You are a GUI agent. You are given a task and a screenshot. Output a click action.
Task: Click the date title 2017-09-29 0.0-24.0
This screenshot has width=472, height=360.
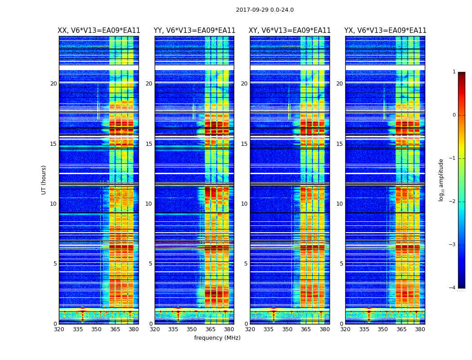coord(265,10)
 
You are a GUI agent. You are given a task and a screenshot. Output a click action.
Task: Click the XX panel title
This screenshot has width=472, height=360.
coord(99,31)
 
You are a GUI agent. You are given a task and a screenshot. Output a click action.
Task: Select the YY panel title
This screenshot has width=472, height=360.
coord(194,31)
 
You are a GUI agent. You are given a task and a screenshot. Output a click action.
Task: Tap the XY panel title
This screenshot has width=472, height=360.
coord(290,31)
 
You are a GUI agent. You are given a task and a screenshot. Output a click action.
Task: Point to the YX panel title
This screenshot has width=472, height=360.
coord(385,31)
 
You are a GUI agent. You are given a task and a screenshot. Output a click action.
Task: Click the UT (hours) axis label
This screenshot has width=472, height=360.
coord(44,180)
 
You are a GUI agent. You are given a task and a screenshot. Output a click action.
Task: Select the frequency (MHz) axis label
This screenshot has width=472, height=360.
coord(217,338)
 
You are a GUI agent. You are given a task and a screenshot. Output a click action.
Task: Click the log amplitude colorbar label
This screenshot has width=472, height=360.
coord(441,180)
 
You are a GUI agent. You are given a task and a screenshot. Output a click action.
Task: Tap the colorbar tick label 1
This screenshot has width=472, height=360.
coord(454,72)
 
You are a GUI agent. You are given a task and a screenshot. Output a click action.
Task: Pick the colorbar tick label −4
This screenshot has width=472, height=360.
coord(453,288)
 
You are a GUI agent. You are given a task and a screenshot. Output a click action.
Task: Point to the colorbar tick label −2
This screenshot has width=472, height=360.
coord(453,202)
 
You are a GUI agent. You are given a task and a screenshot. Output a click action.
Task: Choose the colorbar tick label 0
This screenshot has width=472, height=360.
coord(454,115)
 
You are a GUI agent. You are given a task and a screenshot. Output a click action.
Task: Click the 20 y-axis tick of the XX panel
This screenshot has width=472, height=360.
coord(53,84)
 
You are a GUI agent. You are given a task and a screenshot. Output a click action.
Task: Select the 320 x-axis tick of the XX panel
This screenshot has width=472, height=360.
coord(59,329)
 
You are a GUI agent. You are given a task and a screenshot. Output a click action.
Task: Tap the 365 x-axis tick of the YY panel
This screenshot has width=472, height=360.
coord(210,329)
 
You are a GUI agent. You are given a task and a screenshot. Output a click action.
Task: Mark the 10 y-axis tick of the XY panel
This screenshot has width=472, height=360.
coord(244,204)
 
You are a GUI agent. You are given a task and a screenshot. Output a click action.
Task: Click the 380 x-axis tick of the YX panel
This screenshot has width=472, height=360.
coord(420,329)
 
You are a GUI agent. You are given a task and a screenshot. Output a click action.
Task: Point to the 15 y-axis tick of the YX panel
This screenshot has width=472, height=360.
coord(339,144)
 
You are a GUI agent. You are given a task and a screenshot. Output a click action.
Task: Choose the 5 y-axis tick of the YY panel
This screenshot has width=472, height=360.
coord(150,264)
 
